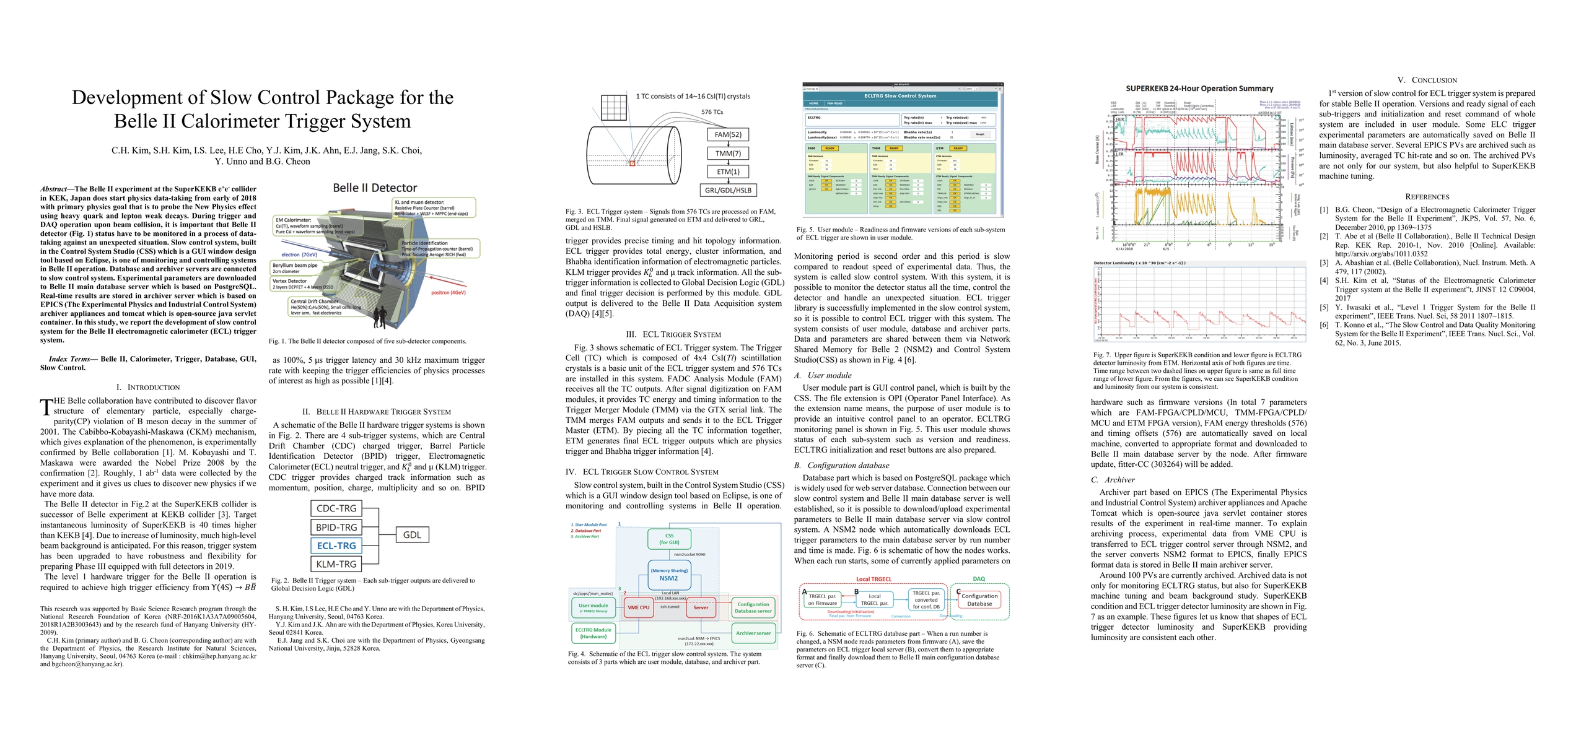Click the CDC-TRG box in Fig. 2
336,508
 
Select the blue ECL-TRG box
336,545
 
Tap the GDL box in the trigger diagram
412,535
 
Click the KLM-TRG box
336,564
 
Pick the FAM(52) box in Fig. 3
728,134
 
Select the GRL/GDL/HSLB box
728,190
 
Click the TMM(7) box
728,153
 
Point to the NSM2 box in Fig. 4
668,575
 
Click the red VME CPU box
639,607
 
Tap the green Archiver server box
753,633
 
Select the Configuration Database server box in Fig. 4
753,607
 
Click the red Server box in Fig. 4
701,607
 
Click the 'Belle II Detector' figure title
375,188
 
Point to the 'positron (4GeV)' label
448,292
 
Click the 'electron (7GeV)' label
299,254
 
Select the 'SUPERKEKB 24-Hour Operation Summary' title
1199,89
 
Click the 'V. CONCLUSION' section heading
1427,80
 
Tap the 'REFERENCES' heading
1427,196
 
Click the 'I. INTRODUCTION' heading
148,387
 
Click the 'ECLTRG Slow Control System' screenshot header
900,96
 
